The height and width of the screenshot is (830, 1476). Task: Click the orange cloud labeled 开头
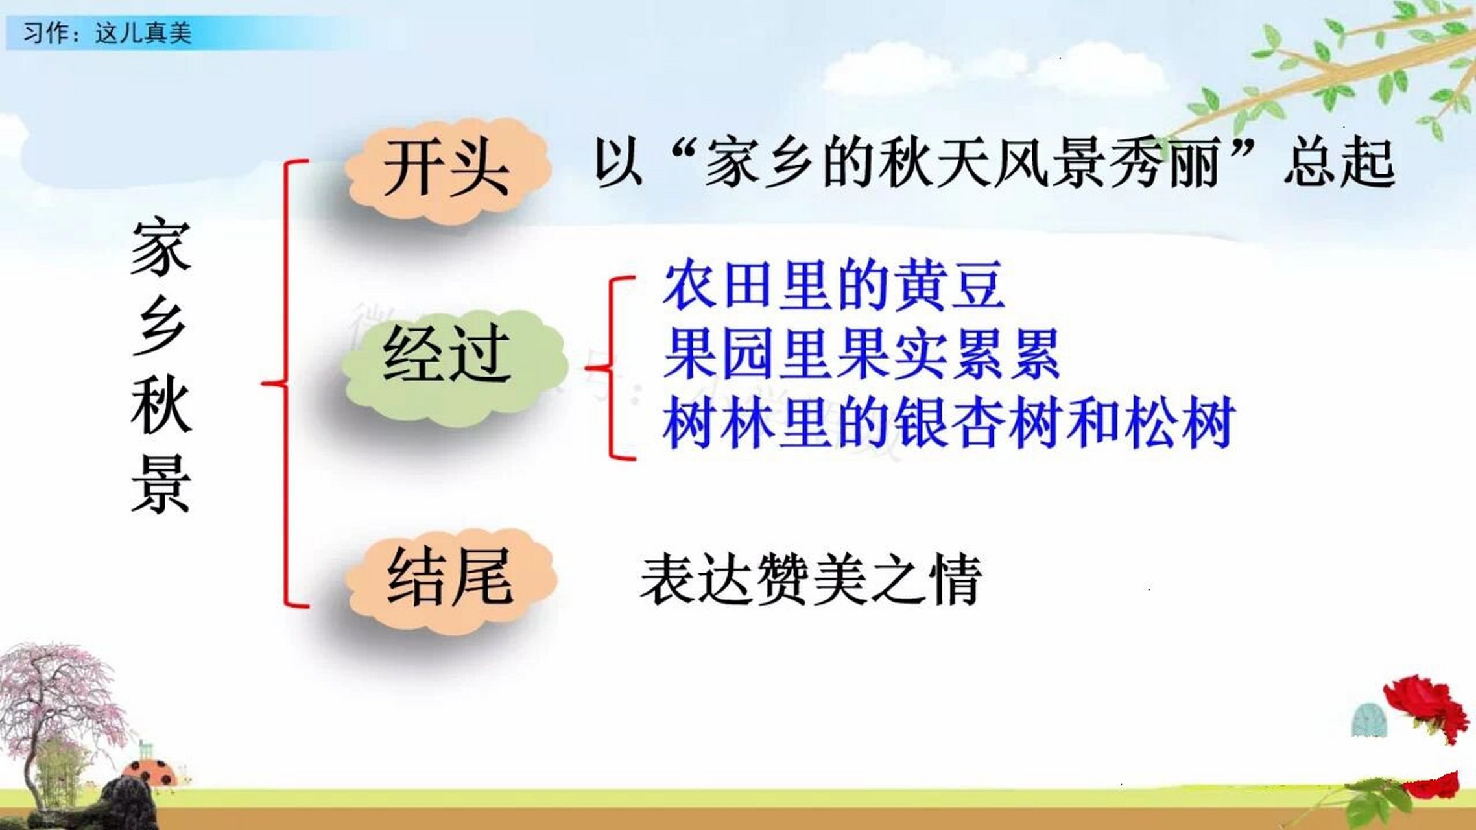point(447,170)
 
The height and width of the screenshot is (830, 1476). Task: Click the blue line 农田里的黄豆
point(833,285)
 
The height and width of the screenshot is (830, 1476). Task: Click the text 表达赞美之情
point(811,579)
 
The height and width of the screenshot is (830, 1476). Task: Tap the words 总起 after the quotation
point(1339,163)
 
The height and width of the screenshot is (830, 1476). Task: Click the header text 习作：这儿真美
point(107,32)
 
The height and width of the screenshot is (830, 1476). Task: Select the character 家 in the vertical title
point(161,248)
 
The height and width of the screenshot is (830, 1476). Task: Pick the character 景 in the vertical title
point(161,484)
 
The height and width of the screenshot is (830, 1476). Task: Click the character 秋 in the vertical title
point(161,406)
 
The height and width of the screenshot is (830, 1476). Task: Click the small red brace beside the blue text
point(613,368)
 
